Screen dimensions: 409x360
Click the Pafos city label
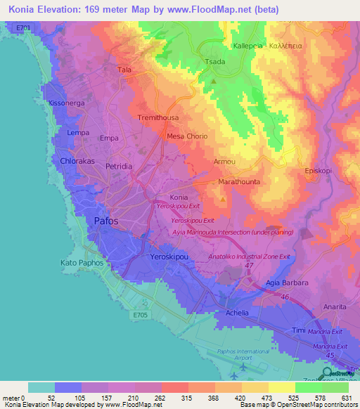pyautogui.click(x=107, y=221)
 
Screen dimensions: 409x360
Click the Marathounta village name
pyautogui.click(x=238, y=181)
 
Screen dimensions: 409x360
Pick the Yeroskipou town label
pyautogui.click(x=170, y=258)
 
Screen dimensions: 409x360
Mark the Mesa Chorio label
pyautogui.click(x=186, y=136)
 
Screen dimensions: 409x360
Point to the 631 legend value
pyautogui.click(x=345, y=398)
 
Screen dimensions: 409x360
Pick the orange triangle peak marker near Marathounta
pyautogui.click(x=223, y=199)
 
